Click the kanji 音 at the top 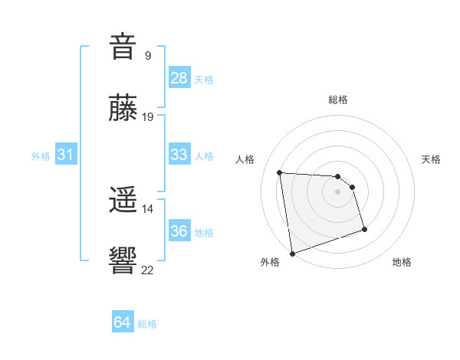(x=123, y=47)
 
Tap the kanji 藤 (x=123, y=110)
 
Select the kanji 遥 (x=123, y=201)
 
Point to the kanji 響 (x=123, y=260)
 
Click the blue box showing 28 (x=179, y=78)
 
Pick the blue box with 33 (x=179, y=155)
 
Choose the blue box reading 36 (x=179, y=231)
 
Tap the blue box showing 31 (x=66, y=155)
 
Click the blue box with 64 (x=123, y=323)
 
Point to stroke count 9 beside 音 (x=148, y=55)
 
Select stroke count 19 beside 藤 (x=148, y=117)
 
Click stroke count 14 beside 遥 (x=148, y=208)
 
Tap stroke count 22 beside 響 (x=148, y=269)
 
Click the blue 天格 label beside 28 (x=204, y=79)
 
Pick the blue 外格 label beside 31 (x=41, y=155)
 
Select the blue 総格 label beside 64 (x=147, y=324)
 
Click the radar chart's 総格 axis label (x=338, y=100)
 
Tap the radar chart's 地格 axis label (x=402, y=263)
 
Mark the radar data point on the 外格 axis (x=292, y=253)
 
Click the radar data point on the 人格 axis (x=280, y=172)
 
